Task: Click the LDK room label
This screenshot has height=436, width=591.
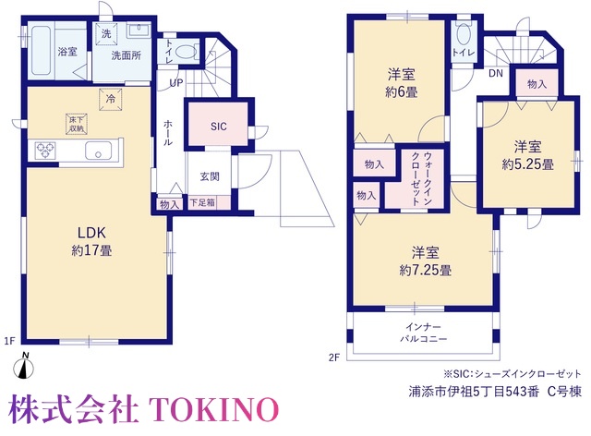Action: click(x=91, y=233)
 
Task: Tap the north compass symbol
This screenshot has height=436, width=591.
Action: click(x=24, y=366)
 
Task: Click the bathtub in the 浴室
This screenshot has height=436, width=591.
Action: click(x=41, y=51)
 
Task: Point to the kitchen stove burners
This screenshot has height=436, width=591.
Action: click(x=45, y=150)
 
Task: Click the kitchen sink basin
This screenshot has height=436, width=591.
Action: click(x=99, y=151)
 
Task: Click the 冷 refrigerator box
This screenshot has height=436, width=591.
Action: click(x=111, y=99)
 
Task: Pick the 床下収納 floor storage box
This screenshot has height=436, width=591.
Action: click(x=76, y=124)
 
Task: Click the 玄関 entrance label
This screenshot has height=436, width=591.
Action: click(x=210, y=176)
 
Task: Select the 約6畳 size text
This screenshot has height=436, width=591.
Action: click(x=402, y=92)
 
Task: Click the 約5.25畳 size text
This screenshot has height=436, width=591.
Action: click(x=527, y=164)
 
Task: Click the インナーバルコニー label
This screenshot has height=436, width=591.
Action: click(x=423, y=333)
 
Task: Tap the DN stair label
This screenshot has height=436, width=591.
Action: click(x=496, y=73)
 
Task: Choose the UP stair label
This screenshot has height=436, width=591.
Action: click(x=176, y=82)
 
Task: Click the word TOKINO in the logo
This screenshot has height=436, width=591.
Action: click(x=214, y=409)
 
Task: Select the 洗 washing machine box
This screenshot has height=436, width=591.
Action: click(x=106, y=33)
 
